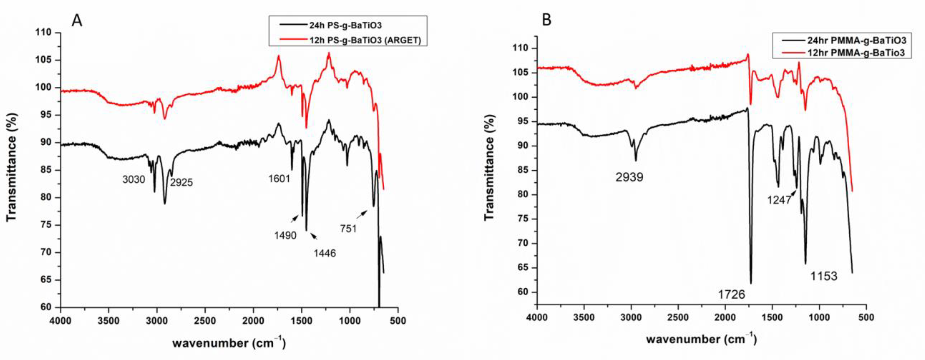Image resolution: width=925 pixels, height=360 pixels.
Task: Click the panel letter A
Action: (x=77, y=20)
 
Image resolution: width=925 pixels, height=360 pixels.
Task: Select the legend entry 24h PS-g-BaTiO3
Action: (x=345, y=25)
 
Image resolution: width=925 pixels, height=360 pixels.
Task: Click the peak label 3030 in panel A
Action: (x=134, y=179)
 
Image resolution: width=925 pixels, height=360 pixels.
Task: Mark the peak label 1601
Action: (x=279, y=178)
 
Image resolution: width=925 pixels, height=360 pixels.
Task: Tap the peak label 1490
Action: (x=285, y=235)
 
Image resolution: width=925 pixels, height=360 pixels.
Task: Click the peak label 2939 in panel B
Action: (x=629, y=177)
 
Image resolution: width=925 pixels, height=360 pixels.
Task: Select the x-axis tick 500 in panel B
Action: (x=866, y=318)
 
